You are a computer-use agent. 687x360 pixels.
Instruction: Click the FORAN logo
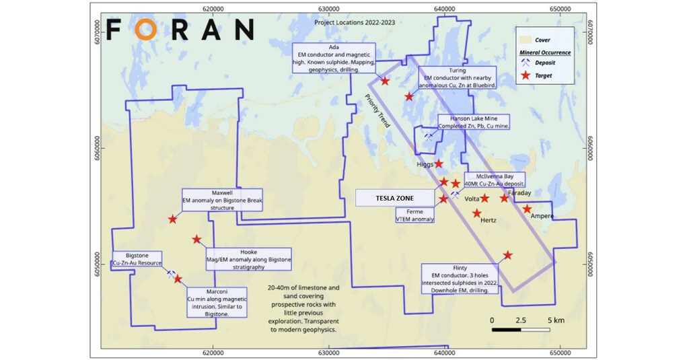[x=180, y=29]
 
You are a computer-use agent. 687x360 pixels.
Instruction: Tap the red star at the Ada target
[x=385, y=81]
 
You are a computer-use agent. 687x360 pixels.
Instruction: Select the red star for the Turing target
[x=409, y=96]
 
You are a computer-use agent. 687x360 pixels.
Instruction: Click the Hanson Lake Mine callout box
[x=473, y=122]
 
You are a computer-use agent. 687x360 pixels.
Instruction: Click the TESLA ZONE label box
[x=394, y=198]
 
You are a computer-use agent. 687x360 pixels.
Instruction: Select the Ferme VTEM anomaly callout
[x=415, y=215]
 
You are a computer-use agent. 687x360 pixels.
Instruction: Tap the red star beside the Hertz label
[x=477, y=213]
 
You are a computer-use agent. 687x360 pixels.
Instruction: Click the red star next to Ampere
[x=528, y=209]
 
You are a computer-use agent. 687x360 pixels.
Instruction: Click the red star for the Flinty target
[x=508, y=255]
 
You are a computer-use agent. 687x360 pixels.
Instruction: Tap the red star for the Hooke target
[x=196, y=239]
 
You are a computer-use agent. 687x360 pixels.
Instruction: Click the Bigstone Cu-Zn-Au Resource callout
[x=138, y=260]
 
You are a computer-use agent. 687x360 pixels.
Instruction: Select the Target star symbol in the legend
[x=524, y=76]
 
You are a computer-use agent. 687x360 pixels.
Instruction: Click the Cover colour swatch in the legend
[x=524, y=40]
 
